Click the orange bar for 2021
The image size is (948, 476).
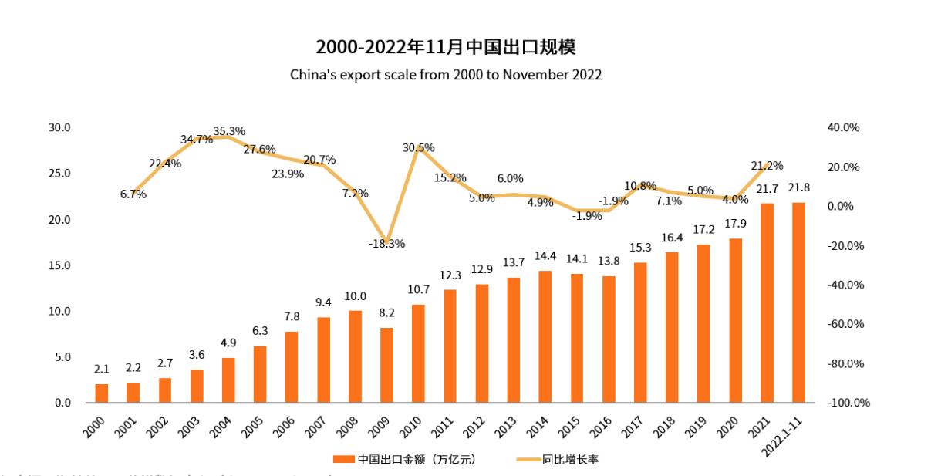[x=767, y=302]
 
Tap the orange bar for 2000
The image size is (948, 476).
[x=102, y=393]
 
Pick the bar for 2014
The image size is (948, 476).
[x=545, y=336]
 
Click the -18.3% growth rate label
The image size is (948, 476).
[x=386, y=243]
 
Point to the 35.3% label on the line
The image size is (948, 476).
[x=229, y=131]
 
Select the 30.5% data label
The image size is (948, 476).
[x=419, y=147]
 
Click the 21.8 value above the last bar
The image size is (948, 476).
[x=798, y=187]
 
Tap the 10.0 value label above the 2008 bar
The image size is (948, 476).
[x=356, y=296]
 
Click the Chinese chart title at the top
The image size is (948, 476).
[x=446, y=47]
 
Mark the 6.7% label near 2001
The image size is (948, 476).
[x=133, y=194]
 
